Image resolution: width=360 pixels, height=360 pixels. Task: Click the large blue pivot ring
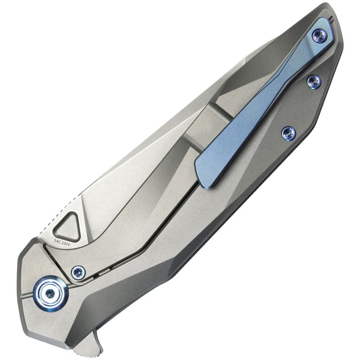click(50, 293)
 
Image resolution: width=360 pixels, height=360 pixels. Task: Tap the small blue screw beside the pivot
click(78, 272)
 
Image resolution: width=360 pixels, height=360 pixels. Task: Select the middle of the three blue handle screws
click(314, 81)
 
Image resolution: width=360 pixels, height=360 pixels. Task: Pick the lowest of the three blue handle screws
click(289, 133)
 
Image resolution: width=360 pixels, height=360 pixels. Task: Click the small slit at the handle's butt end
click(332, 19)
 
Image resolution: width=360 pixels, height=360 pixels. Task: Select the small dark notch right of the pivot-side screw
click(96, 276)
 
